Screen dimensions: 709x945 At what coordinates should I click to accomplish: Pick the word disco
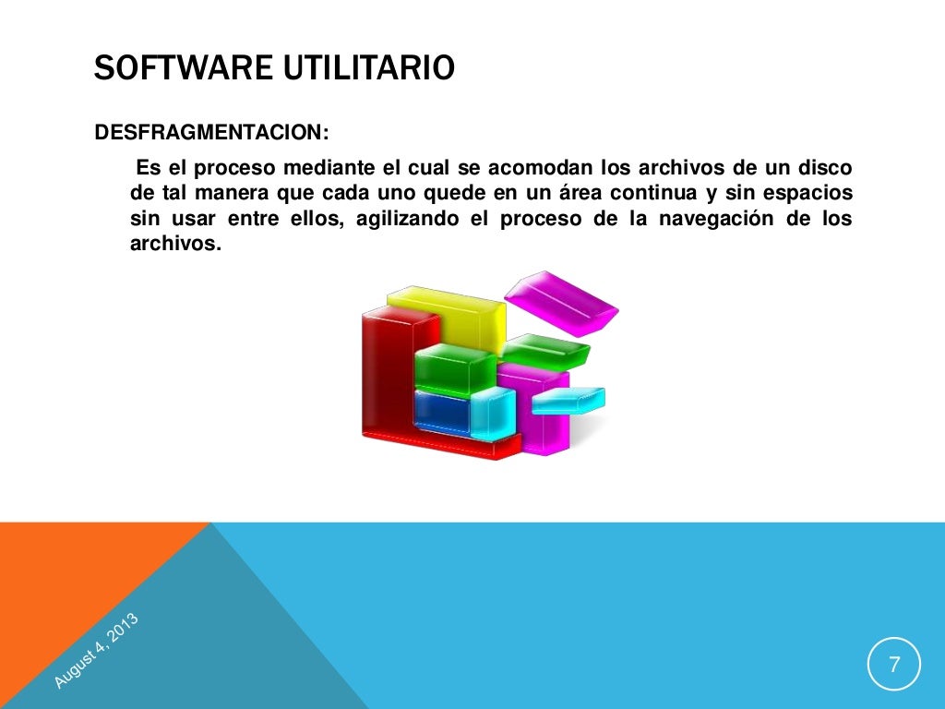pos(827,170)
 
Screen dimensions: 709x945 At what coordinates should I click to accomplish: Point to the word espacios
pos(811,195)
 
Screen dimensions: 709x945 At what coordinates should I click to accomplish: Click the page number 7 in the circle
pos(892,665)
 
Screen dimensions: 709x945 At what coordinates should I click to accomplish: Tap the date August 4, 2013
pos(96,651)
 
